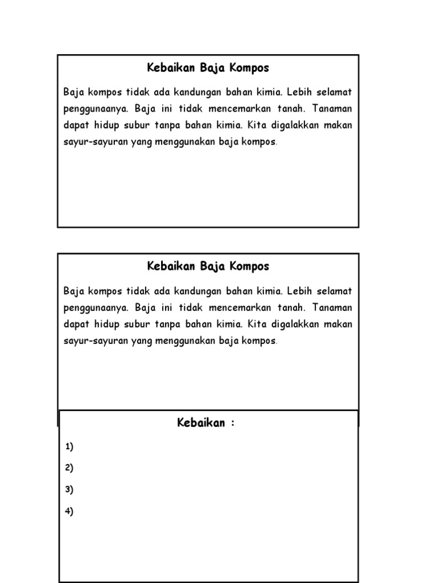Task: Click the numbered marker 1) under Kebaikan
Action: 69,447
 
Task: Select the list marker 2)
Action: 69,468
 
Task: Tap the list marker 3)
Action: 69,490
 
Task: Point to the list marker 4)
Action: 69,511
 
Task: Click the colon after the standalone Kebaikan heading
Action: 232,424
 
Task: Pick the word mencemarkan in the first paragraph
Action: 225,109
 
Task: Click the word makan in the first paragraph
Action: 339,125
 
